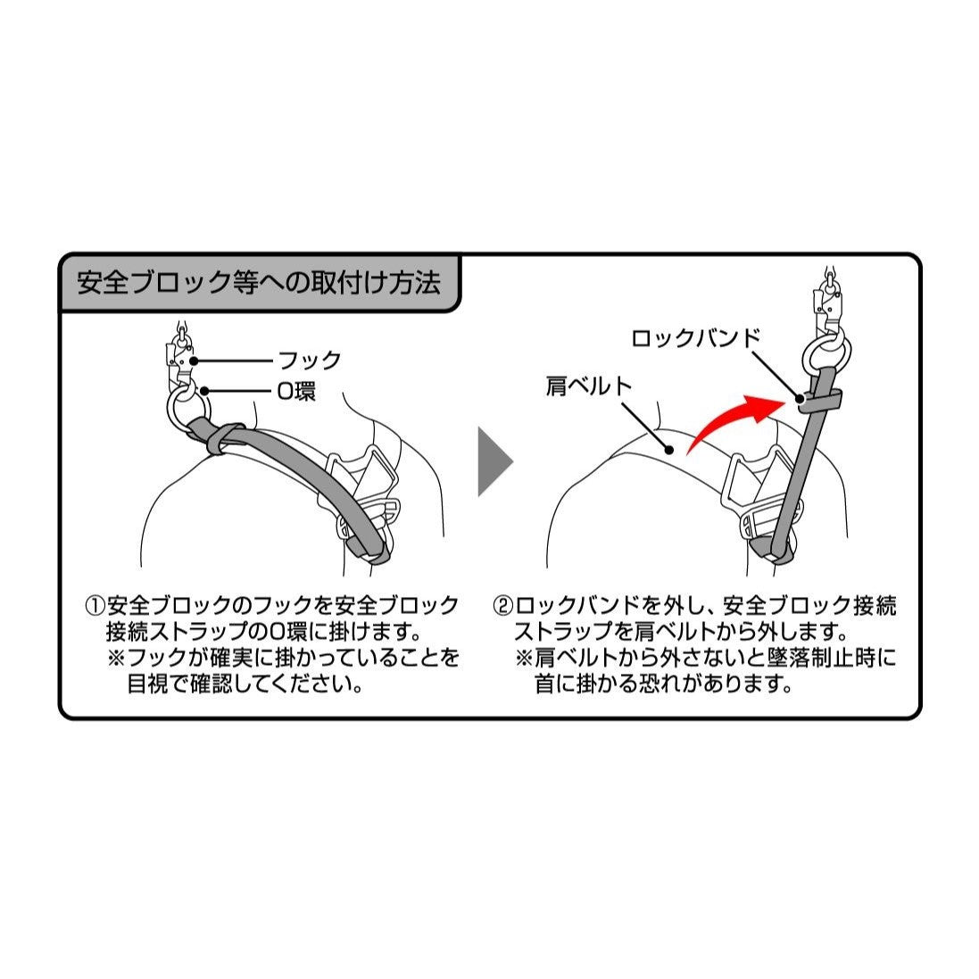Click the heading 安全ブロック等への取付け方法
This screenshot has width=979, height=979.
(x=259, y=284)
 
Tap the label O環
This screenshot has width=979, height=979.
(x=295, y=391)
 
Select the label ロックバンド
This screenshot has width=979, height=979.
(x=695, y=338)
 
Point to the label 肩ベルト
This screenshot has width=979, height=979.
(x=588, y=386)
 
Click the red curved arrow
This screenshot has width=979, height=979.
(x=732, y=419)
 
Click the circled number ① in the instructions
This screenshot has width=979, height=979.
(x=95, y=606)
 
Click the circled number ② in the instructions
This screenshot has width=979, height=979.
(x=503, y=606)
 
